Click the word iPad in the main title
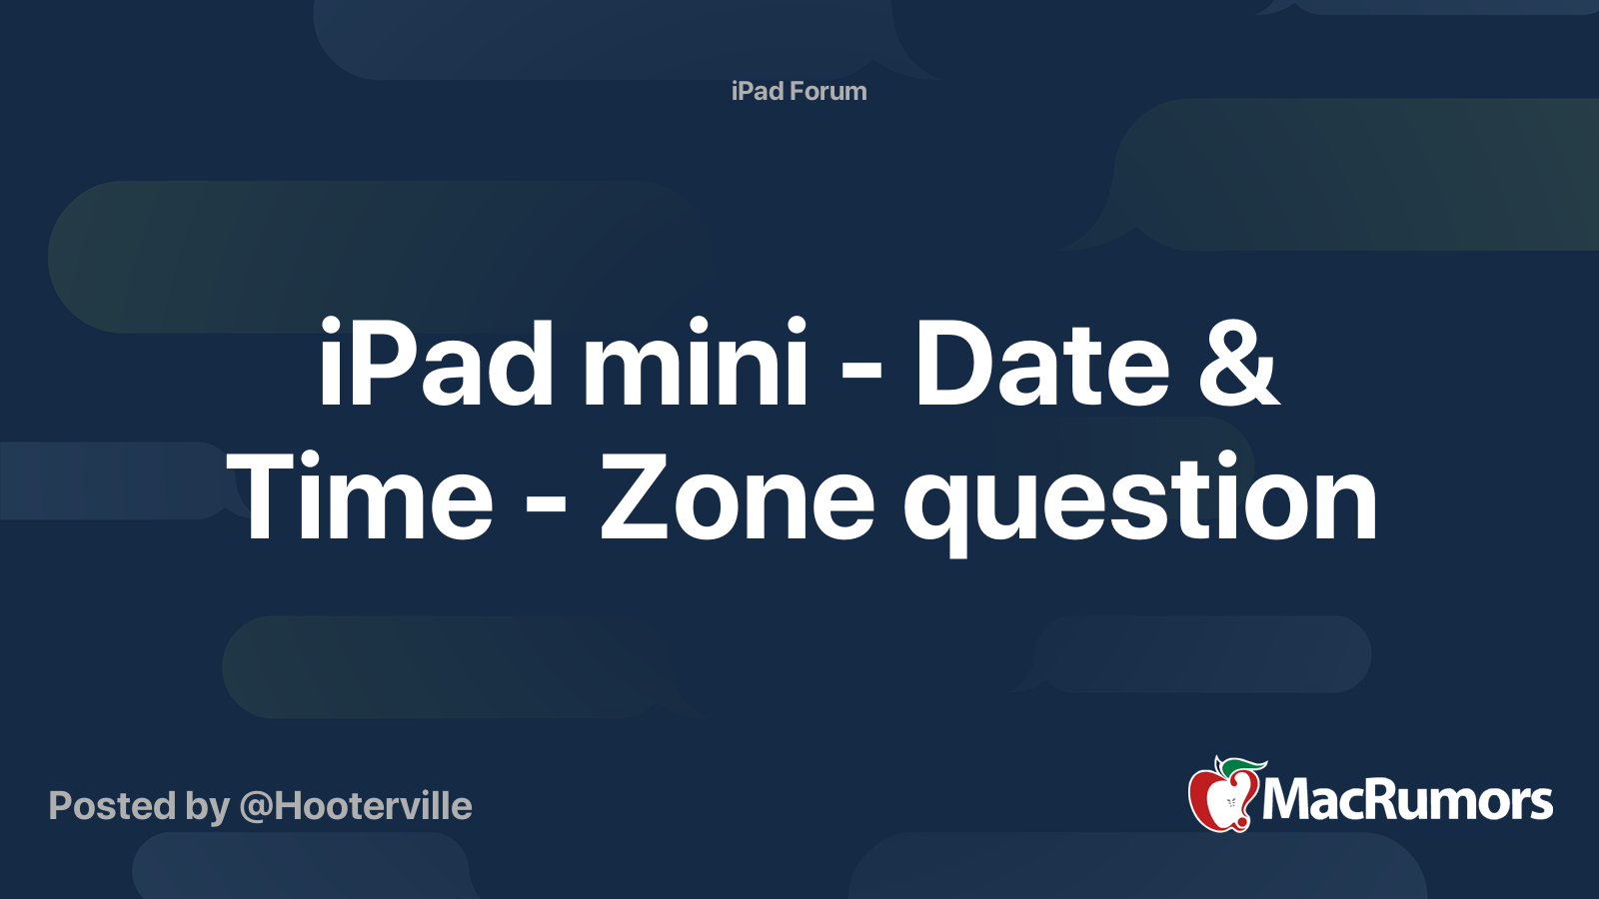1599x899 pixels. [x=436, y=363]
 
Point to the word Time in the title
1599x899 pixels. [x=360, y=495]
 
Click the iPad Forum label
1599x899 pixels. [x=799, y=91]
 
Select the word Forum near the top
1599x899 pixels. [x=827, y=91]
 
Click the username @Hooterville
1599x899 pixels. [x=356, y=807]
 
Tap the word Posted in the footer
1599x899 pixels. [x=113, y=806]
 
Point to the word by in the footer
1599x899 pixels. [x=208, y=809]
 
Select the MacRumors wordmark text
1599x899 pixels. [x=1407, y=801]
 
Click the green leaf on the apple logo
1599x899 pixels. [x=1243, y=767]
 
